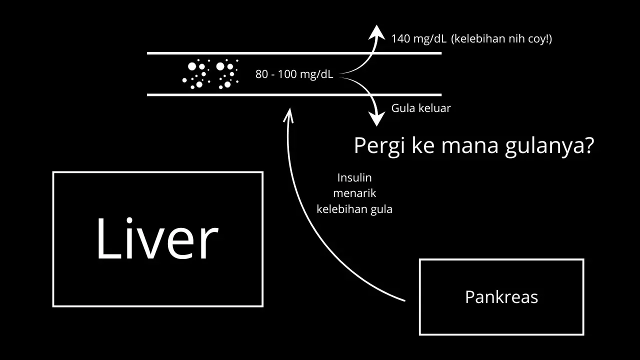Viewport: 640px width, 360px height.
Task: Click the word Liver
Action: tap(157, 239)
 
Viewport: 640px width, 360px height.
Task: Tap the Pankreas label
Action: tap(501, 297)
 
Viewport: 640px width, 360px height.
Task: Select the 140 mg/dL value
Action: tap(418, 39)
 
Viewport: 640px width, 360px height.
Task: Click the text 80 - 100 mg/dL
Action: tap(294, 74)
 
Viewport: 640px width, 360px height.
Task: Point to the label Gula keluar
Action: tap(421, 108)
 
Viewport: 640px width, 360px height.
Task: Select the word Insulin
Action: tap(354, 178)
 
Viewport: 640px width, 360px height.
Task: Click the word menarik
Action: tap(354, 193)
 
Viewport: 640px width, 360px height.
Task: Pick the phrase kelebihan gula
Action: tap(354, 209)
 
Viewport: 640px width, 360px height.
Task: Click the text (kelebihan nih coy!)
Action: tap(501, 39)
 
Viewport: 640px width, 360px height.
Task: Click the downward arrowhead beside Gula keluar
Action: tap(376, 119)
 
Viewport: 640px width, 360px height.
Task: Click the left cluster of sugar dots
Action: tap(196, 74)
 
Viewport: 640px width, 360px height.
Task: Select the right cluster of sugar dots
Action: tap(226, 74)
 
